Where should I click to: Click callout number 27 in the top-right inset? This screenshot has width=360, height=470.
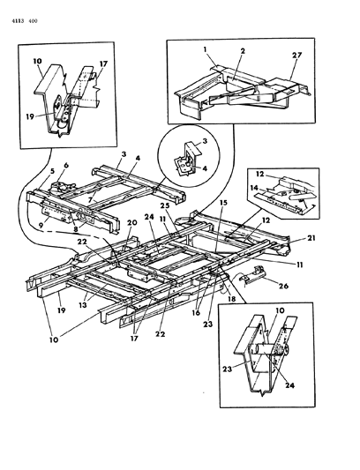pyautogui.click(x=296, y=56)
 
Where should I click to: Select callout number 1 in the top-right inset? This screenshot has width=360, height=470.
pyautogui.click(x=206, y=48)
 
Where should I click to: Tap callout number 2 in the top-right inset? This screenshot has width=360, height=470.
pyautogui.click(x=243, y=51)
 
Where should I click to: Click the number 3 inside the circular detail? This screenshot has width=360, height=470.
pyautogui.click(x=205, y=141)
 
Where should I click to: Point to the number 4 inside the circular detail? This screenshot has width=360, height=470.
pyautogui.click(x=205, y=168)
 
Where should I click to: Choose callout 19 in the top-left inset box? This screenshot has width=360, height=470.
pyautogui.click(x=30, y=116)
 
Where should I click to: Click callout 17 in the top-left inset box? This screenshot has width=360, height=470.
pyautogui.click(x=103, y=64)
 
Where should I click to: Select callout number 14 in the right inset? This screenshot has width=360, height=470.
pyautogui.click(x=254, y=188)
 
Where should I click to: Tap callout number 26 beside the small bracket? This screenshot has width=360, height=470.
pyautogui.click(x=283, y=286)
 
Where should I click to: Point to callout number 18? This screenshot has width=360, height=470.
pyautogui.click(x=231, y=299)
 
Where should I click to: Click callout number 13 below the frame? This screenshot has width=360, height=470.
pyautogui.click(x=83, y=305)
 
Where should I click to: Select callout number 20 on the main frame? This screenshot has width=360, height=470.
pyautogui.click(x=132, y=222)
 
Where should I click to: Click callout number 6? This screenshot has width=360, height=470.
pyautogui.click(x=66, y=165)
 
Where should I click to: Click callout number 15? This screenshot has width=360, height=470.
pyautogui.click(x=223, y=202)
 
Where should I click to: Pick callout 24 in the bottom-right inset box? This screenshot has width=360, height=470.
pyautogui.click(x=289, y=385)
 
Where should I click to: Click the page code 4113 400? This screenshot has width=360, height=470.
pyautogui.click(x=25, y=20)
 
